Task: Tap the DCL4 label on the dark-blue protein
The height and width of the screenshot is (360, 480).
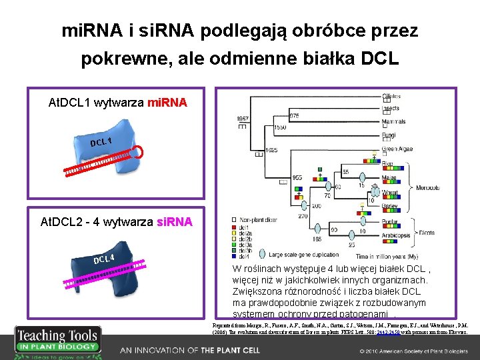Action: (x=104, y=258)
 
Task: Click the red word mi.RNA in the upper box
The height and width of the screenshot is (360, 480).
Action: (x=167, y=103)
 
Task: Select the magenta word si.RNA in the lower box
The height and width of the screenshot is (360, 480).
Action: (x=173, y=221)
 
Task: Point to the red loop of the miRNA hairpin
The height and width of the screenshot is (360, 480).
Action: (x=137, y=151)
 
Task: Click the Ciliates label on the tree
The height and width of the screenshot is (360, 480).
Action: (x=392, y=97)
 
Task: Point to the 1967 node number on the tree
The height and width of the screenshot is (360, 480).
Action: (x=243, y=119)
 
